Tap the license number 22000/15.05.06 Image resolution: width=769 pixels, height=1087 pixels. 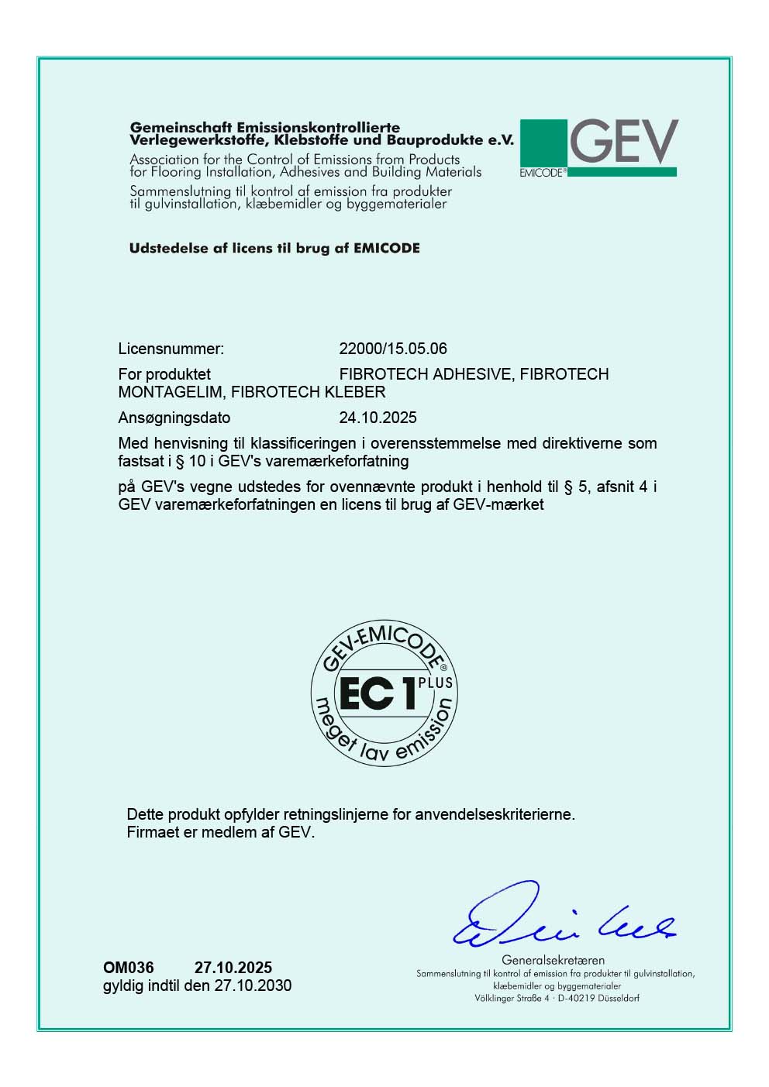(393, 349)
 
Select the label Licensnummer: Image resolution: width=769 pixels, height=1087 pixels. (171, 349)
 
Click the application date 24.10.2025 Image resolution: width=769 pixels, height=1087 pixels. (378, 418)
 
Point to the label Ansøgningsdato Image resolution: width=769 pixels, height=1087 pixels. (174, 418)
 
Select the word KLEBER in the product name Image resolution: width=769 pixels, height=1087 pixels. (355, 392)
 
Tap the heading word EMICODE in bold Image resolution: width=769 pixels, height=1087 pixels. (386, 249)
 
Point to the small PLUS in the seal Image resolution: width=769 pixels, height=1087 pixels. (435, 683)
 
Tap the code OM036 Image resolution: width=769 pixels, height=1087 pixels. (129, 968)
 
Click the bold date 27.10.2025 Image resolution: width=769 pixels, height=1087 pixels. (233, 968)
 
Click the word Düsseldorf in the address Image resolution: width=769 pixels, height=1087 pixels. (616, 999)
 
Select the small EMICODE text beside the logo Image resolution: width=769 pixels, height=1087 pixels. (541, 173)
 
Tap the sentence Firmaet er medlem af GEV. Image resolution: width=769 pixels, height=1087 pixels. (221, 833)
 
